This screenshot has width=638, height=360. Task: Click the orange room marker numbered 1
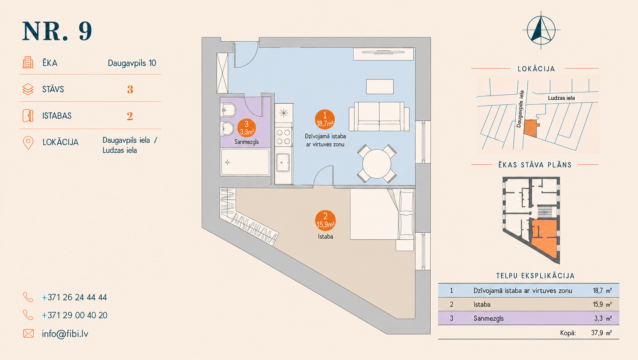pos(325,120)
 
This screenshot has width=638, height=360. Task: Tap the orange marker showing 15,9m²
pos(325,221)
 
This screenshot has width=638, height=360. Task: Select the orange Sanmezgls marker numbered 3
pos(247,128)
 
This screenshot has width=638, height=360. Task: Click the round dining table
pos(377,164)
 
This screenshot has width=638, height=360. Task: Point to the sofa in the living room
pos(379,117)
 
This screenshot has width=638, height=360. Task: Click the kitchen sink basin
pos(283,163)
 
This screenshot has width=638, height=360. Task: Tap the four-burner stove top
pos(284,137)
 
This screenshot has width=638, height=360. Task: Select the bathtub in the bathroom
pos(245,162)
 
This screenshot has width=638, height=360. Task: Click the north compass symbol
pos(541,30)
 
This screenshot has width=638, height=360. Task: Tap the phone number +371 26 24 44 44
pos(74,297)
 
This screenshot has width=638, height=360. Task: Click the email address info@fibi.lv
pos(65,334)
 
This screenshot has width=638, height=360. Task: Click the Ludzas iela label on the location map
pos(561,98)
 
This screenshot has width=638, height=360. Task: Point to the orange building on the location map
pos(531,128)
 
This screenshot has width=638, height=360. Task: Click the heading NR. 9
pos(57,31)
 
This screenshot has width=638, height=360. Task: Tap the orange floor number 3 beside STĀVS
pos(130,89)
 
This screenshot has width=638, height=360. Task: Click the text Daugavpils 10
pos(132,63)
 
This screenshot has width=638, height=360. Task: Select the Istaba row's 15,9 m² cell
pos(602,304)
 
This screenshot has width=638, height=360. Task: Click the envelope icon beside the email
pos(29,333)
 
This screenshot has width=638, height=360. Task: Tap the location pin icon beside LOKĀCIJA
pos(28,143)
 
